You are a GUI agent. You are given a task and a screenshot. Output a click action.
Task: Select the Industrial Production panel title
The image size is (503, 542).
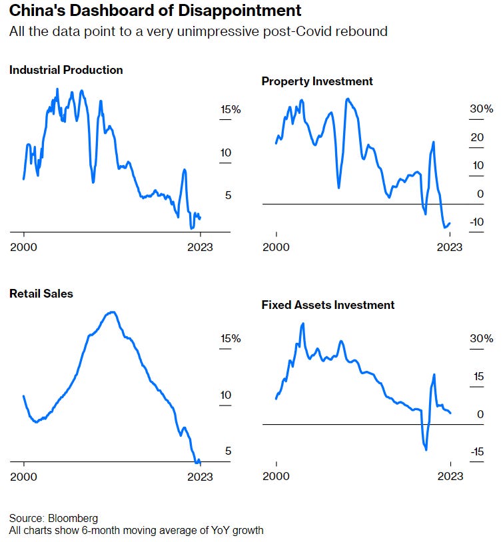66,70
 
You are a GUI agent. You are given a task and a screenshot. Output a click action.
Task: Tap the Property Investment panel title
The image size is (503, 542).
317,81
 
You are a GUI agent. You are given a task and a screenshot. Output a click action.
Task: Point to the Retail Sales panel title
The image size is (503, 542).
41,294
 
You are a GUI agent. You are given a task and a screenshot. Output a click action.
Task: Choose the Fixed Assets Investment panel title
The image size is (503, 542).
328,305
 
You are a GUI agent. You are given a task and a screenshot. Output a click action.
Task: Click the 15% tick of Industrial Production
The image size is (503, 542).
231,110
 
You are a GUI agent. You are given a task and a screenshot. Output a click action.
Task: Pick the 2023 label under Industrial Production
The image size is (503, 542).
200,246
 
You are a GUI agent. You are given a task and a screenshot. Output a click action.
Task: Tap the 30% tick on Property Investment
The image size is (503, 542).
480,109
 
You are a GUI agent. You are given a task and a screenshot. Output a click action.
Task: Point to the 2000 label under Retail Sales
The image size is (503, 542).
24,476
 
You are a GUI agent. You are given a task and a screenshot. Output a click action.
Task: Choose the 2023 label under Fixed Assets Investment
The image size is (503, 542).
450,476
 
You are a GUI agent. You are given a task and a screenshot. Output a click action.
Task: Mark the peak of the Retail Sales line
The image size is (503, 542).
113,312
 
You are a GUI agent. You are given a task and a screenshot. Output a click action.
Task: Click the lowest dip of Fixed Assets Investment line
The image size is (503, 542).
426,449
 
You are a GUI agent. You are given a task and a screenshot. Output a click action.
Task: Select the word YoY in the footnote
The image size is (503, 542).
215,531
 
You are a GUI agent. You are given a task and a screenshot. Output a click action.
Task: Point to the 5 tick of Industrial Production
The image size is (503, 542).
227,195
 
